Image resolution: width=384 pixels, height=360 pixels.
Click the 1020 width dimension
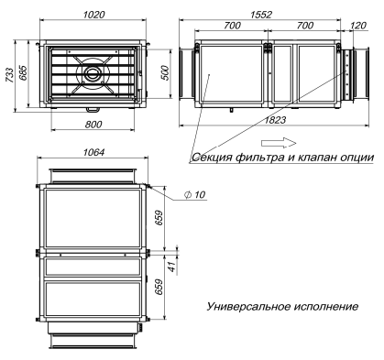[93, 15]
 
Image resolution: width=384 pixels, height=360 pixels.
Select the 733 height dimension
[10, 75]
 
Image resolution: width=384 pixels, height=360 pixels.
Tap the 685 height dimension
[24, 72]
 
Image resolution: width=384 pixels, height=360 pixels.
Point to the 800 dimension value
[93, 125]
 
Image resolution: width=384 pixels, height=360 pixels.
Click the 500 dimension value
[165, 72]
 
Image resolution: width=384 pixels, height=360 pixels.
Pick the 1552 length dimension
[261, 15]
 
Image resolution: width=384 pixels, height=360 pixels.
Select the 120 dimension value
[357, 26]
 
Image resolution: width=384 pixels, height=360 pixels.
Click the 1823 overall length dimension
[275, 120]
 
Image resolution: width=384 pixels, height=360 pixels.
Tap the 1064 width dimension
[93, 152]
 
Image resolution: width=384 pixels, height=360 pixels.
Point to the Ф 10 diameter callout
[194, 194]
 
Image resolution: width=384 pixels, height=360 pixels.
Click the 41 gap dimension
[172, 267]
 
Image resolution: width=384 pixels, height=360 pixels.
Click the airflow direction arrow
[279, 143]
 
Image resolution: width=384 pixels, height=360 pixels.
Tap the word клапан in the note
[314, 158]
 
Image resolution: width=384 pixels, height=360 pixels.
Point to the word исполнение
[326, 306]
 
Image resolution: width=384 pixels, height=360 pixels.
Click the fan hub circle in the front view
[91, 73]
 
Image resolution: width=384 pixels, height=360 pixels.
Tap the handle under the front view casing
[93, 109]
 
